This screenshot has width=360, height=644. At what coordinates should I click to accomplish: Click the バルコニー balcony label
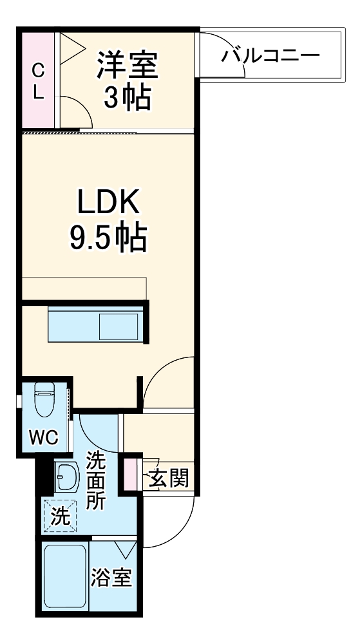[270, 55]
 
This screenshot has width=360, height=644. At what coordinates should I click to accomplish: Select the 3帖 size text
[127, 98]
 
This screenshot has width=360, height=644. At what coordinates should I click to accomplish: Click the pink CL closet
[39, 80]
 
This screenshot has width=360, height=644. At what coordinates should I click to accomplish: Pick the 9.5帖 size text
[108, 238]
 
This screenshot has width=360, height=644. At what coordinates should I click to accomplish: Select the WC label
[44, 439]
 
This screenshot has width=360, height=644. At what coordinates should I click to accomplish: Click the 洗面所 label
[96, 481]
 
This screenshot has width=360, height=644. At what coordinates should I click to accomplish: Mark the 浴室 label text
[112, 578]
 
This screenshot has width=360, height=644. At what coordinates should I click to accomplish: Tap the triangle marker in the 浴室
[126, 549]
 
